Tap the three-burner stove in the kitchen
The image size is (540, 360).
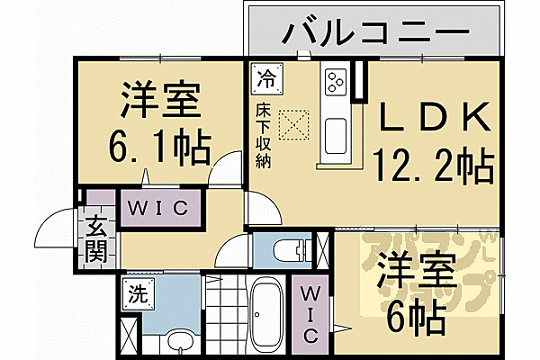(x=335, y=82)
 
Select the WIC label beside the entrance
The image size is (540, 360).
(x=157, y=208)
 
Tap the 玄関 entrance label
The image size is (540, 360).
(x=96, y=238)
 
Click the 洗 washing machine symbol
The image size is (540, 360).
(x=136, y=292)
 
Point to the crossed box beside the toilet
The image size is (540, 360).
(x=325, y=248)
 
